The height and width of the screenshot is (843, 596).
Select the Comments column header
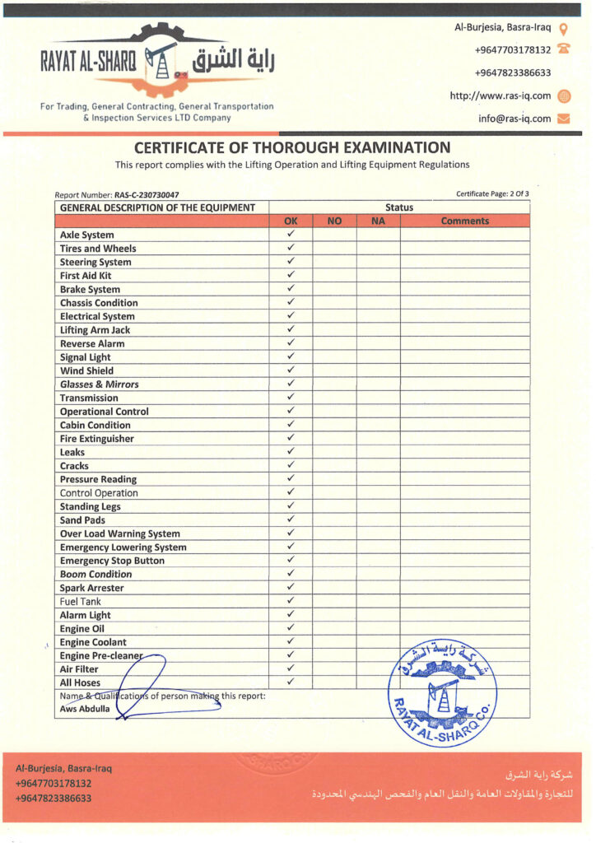[x=464, y=221]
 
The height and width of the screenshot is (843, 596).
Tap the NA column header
[x=378, y=221]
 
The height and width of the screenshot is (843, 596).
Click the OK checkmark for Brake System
[x=291, y=289]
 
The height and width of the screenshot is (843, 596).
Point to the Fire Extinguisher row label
[x=96, y=439]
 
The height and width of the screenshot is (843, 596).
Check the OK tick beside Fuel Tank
[x=291, y=601]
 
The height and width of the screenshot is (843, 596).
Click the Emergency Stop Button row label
[x=112, y=561]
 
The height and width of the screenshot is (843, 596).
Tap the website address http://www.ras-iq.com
[x=500, y=95]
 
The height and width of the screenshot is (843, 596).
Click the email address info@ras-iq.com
[x=515, y=119]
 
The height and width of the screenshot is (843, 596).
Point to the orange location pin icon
[x=564, y=28]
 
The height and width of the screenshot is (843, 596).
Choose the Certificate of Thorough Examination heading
[x=292, y=148]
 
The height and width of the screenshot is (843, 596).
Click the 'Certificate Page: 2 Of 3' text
[x=492, y=193]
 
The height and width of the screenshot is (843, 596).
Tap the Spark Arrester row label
[x=91, y=588]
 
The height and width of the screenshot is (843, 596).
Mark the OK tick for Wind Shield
[x=291, y=370]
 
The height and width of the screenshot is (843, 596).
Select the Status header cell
[x=399, y=207]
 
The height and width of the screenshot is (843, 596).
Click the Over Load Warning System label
[x=119, y=533]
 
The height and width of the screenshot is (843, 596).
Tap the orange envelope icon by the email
[x=564, y=119]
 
